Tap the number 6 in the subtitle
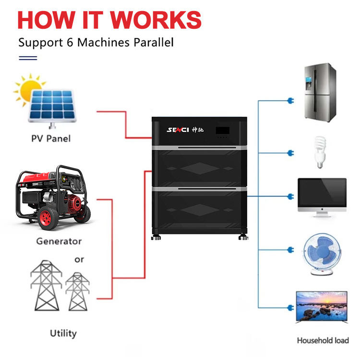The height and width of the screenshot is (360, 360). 70,42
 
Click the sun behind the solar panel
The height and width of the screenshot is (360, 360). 29,90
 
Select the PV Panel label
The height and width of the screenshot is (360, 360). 51,138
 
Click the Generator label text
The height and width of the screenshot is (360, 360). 59,241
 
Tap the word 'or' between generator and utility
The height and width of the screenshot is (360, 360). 79,260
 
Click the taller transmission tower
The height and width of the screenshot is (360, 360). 47,285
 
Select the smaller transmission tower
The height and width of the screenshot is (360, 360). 78,291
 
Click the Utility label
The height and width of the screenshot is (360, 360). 63,334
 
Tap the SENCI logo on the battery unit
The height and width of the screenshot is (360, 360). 178,130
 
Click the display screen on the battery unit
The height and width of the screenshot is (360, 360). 222,131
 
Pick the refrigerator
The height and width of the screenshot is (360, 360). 320,93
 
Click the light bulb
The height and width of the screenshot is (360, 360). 320,152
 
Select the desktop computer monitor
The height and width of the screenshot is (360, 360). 322,197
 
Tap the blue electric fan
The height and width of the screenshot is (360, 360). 322,254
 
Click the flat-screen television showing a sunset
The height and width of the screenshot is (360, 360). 322,307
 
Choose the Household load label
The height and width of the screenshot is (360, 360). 323,340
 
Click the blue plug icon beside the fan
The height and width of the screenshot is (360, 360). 291,250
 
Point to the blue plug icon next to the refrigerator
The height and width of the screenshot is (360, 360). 291,101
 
